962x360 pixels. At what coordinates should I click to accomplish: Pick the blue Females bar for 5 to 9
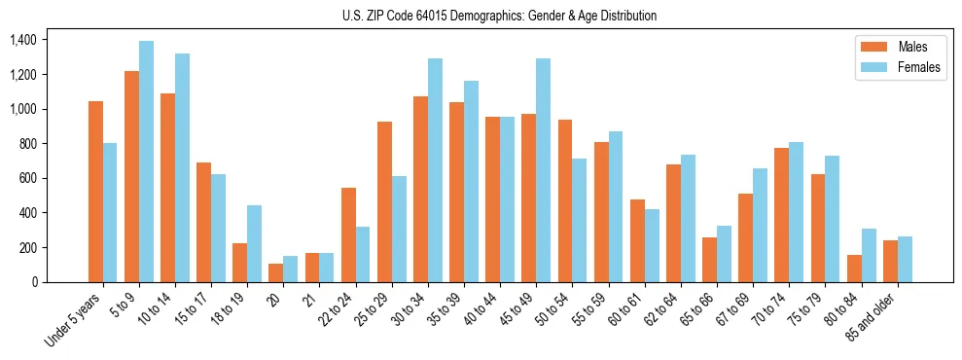[x=146, y=162]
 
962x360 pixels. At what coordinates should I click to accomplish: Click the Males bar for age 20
[x=276, y=272]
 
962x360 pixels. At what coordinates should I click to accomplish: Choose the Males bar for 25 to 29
[x=384, y=201]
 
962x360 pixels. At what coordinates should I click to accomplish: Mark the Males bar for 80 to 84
[x=854, y=269]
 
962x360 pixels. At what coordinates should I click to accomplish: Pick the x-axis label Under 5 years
[x=74, y=319]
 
